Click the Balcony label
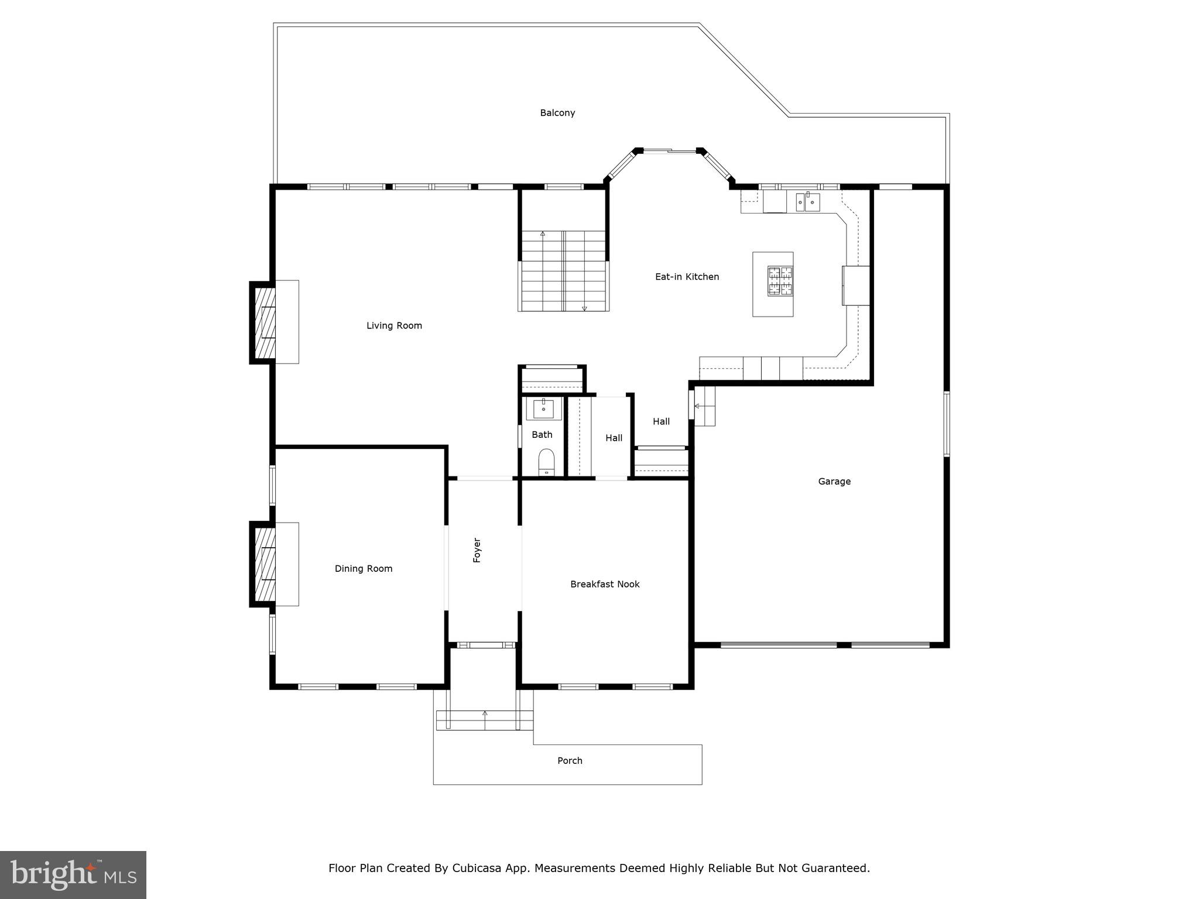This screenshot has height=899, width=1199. [x=557, y=113]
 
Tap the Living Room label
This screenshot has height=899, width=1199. [x=394, y=325]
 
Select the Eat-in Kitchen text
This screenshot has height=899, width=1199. [x=687, y=277]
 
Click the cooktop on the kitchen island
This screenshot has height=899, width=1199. [x=780, y=280]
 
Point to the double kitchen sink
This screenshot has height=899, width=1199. [x=807, y=202]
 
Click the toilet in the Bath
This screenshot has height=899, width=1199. [x=546, y=462]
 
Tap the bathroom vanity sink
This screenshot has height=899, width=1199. [x=544, y=408]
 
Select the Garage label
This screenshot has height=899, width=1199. [x=834, y=482]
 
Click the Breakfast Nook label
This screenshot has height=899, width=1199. [x=605, y=584]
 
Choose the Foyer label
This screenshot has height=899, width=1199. [x=477, y=550]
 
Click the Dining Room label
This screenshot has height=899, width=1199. [x=364, y=568]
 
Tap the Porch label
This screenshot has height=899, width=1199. [x=570, y=761]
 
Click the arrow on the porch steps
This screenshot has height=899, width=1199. [x=485, y=714]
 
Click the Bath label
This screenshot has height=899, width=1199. [x=542, y=434]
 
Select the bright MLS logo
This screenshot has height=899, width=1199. [x=73, y=874]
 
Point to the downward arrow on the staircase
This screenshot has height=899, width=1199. [x=584, y=308]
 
